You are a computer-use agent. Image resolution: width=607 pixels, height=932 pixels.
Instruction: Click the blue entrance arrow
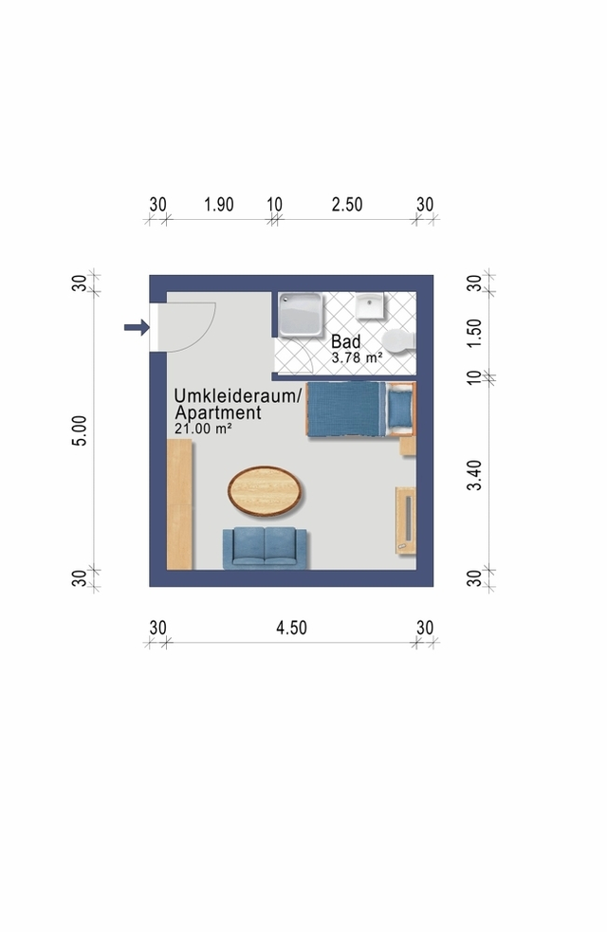point(137,327)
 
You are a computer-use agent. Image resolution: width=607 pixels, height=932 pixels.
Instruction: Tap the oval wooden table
point(266,490)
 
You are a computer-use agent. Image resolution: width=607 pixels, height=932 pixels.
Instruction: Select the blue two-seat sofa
point(266,548)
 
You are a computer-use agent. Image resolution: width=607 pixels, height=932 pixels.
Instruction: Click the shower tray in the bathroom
point(302,315)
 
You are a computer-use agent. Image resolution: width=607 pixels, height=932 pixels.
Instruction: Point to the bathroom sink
point(370,305)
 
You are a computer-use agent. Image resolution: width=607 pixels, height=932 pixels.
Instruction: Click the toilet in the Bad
point(399,340)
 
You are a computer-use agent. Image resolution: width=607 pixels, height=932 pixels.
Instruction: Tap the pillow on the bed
point(400,409)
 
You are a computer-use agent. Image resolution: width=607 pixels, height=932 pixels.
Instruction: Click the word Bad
point(346,341)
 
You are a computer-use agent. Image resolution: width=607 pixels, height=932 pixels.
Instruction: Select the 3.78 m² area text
point(357,357)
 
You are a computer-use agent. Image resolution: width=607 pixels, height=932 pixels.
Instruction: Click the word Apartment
point(218,412)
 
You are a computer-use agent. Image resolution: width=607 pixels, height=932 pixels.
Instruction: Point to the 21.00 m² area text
point(203,428)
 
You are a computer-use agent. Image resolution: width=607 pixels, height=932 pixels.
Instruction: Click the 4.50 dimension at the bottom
point(291,628)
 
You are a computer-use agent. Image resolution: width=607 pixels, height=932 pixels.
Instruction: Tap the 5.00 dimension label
point(79,430)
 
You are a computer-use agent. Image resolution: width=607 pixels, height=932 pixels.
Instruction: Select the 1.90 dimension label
point(219,205)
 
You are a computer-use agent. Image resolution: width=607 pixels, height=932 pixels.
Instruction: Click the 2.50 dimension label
point(347,205)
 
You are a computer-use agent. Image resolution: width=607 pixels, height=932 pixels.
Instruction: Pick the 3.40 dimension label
point(474,475)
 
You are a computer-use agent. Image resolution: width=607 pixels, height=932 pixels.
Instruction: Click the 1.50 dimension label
point(474,334)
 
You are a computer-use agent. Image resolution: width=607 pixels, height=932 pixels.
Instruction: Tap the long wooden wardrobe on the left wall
point(179,504)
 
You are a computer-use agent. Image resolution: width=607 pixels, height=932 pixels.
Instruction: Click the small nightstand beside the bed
point(408,446)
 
